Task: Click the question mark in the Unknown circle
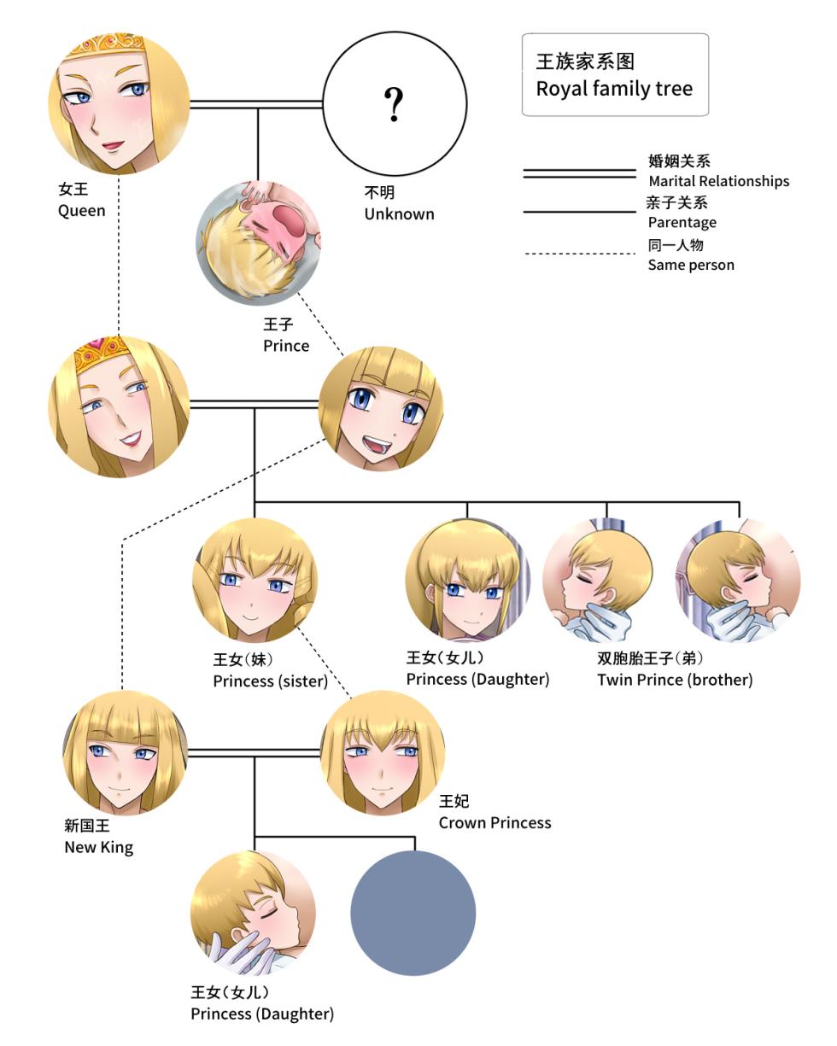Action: [x=394, y=104]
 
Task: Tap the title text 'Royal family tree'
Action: [x=614, y=89]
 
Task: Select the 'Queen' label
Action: [x=82, y=210]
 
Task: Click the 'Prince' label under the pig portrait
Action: [x=286, y=346]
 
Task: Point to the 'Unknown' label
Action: [x=399, y=213]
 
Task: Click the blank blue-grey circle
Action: [x=413, y=913]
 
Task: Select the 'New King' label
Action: [x=98, y=847]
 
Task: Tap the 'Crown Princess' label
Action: [x=495, y=822]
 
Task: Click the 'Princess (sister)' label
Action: [x=270, y=681]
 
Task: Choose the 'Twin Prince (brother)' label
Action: [x=675, y=680]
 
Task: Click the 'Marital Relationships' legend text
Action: [x=718, y=181]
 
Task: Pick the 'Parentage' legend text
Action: [x=682, y=222]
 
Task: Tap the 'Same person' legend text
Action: [x=691, y=265]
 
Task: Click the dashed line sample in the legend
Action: [x=579, y=254]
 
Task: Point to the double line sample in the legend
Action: [x=579, y=173]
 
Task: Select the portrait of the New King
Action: [x=125, y=752]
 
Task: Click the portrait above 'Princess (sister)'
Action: [x=255, y=580]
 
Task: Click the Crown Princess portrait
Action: [x=383, y=752]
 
